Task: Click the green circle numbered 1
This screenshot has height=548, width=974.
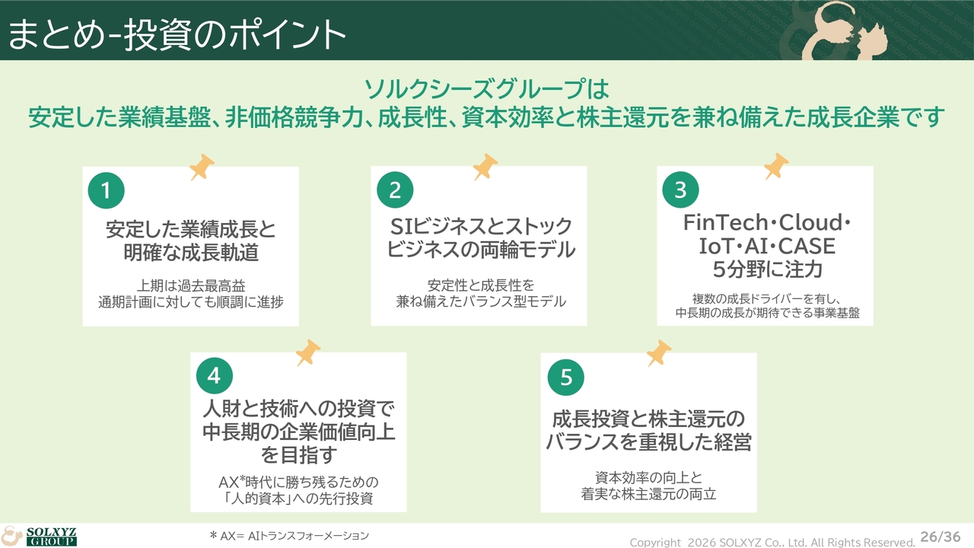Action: tap(106, 190)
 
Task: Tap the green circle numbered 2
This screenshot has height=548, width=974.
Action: tap(395, 190)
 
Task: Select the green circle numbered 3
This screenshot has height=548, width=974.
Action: tap(680, 190)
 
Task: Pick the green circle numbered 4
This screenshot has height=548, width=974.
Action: tap(215, 376)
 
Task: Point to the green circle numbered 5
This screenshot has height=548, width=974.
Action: tap(565, 377)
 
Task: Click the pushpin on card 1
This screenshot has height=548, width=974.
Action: tap(202, 167)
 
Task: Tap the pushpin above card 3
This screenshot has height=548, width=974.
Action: tap(776, 166)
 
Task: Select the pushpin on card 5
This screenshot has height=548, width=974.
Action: tap(659, 353)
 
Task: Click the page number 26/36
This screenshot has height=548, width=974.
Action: tap(940, 537)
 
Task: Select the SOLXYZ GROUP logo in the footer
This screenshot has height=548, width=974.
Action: tap(39, 537)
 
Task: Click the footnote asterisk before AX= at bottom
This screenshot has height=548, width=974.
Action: tap(213, 534)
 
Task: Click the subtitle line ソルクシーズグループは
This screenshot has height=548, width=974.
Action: tap(486, 89)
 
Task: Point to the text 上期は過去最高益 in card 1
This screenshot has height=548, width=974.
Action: tap(191, 285)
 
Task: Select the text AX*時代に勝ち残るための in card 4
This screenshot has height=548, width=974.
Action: tap(298, 482)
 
